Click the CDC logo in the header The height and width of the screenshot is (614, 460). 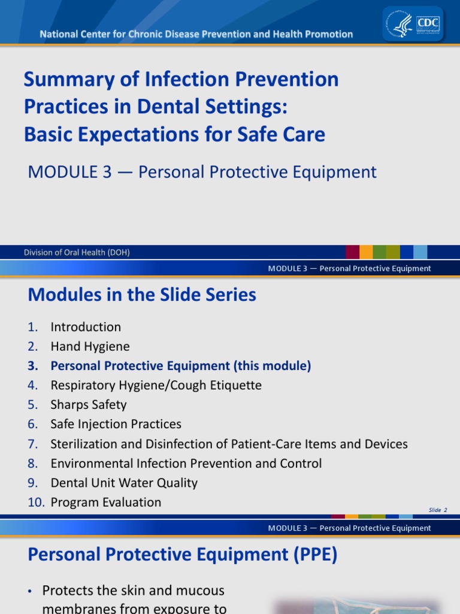coord(428,23)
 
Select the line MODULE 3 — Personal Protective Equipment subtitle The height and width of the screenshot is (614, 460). coord(202,172)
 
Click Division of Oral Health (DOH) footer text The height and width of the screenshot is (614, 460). coord(77,252)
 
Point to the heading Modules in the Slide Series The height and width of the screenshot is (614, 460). coord(142,294)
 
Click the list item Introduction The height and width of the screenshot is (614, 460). coord(86,327)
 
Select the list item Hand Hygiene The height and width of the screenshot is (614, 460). coord(90,347)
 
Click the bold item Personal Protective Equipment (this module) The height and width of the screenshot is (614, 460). coord(180,366)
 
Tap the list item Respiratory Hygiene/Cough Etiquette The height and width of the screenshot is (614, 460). coord(156,385)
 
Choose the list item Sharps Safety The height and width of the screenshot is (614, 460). coord(89,405)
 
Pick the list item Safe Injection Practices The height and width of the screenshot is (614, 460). coord(116,424)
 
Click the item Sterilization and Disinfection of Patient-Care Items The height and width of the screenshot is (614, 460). coord(229,444)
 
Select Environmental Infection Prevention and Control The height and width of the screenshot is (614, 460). coord(186,463)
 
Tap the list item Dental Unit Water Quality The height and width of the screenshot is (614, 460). coord(124,483)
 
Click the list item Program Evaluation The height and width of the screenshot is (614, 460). coord(105,502)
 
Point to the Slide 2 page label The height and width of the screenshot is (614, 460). coord(438,510)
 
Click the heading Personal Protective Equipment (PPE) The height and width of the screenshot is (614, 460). coord(183,555)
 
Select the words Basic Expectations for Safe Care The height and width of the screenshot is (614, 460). coord(174,134)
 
